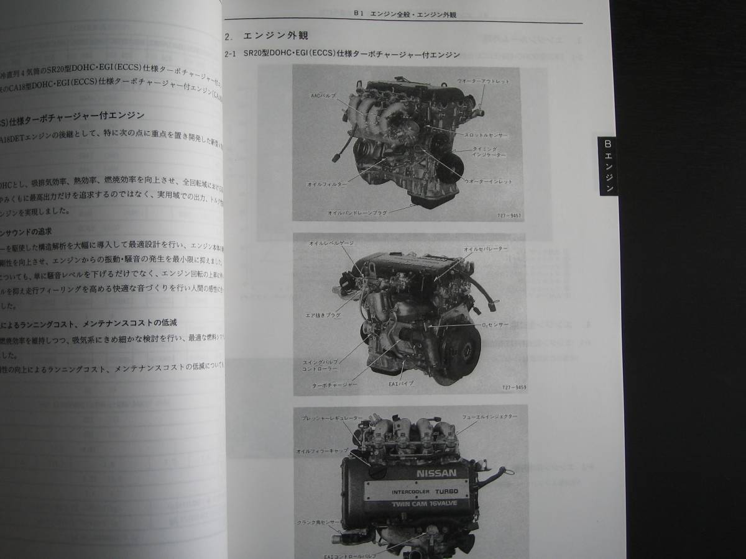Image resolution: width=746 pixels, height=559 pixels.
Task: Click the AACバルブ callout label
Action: (x=323, y=96)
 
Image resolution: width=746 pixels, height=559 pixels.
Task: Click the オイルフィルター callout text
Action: (x=326, y=184)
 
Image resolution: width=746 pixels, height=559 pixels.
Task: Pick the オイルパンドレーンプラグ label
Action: (x=357, y=212)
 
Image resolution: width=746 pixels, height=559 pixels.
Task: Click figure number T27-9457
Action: (x=509, y=216)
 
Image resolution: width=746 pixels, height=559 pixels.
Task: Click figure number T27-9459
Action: (x=512, y=387)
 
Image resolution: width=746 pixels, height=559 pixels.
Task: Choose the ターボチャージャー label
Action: (x=335, y=384)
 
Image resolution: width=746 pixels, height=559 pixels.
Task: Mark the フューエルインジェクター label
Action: (x=489, y=416)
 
